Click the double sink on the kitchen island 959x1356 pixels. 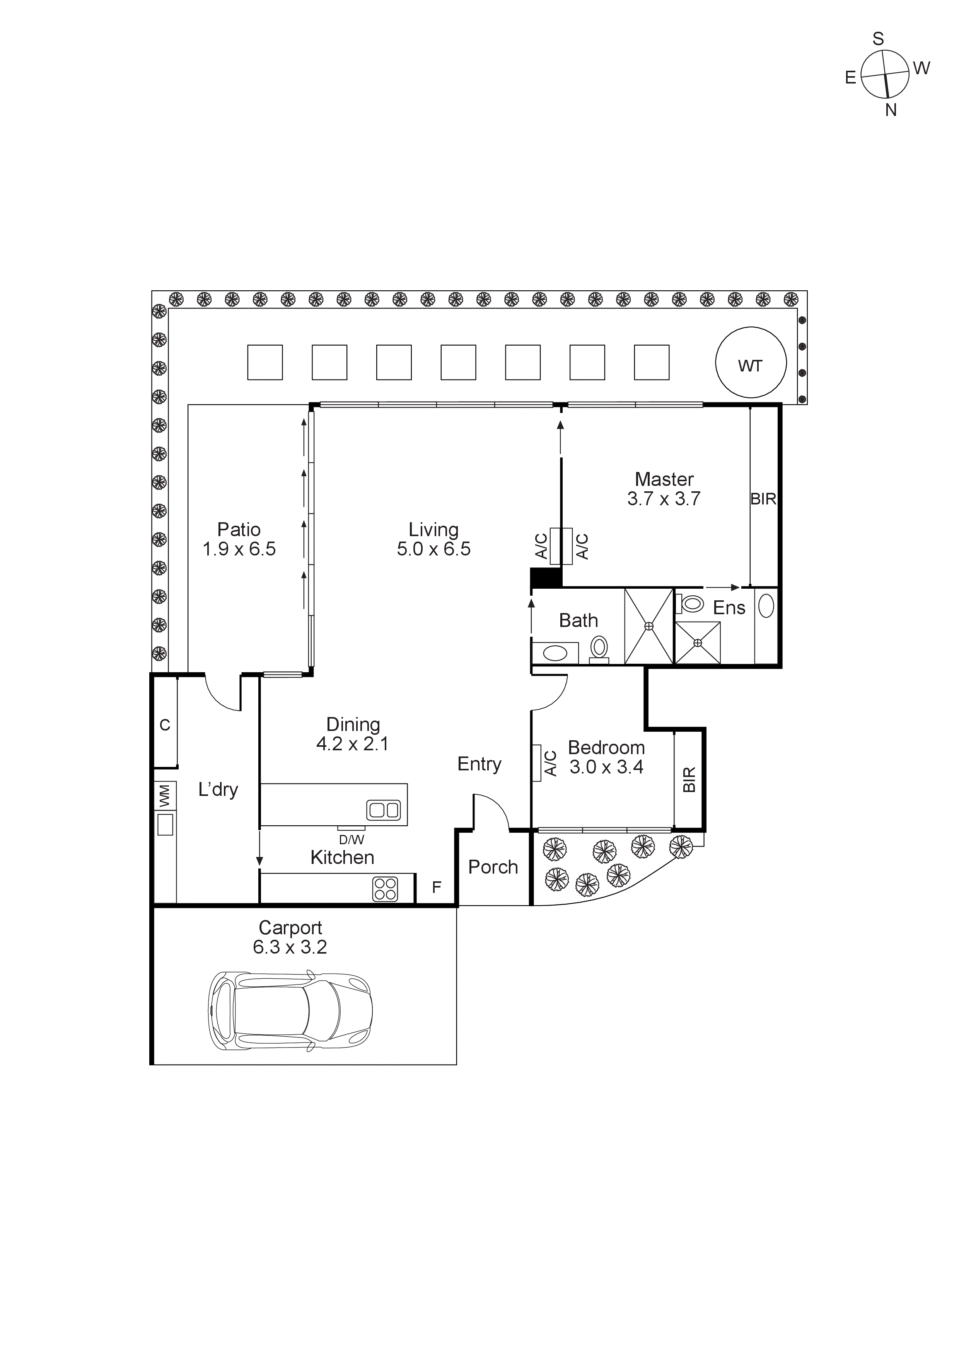(384, 810)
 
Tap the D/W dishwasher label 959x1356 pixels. (352, 839)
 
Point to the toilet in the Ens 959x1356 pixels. (691, 603)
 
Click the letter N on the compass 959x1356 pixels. (891, 110)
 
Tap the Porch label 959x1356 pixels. (493, 867)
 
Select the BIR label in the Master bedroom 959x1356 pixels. (763, 499)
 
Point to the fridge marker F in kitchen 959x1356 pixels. (437, 887)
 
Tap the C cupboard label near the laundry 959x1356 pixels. (165, 725)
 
